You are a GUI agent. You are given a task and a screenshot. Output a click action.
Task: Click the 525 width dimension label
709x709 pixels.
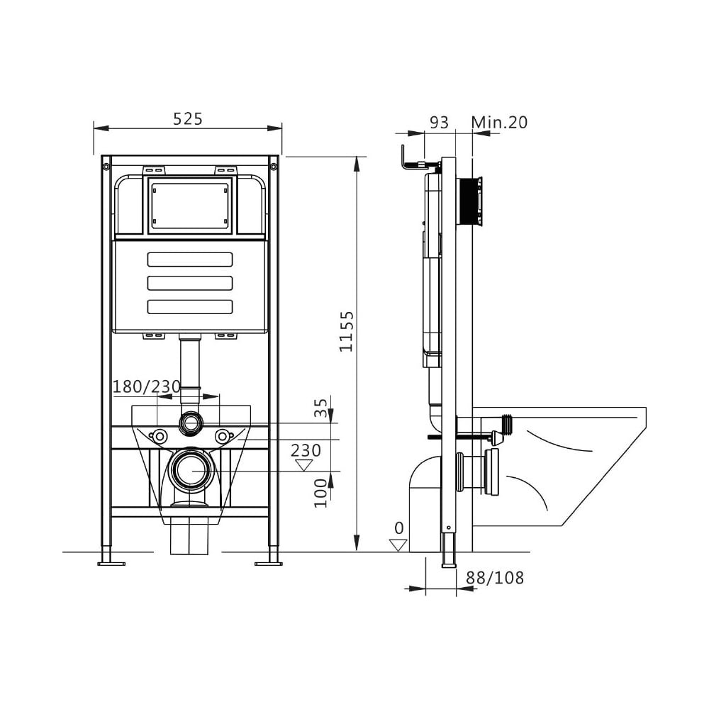[188, 118]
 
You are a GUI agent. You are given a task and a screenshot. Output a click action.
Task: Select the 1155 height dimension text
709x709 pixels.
[347, 331]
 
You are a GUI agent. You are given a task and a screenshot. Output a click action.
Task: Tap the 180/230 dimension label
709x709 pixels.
[147, 386]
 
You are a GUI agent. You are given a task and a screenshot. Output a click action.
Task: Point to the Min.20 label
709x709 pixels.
[499, 122]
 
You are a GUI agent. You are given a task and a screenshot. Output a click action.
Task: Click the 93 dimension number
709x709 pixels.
[439, 122]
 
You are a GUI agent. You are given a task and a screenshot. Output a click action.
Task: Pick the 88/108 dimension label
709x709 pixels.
[495, 577]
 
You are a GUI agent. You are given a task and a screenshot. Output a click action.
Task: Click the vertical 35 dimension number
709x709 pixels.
[320, 408]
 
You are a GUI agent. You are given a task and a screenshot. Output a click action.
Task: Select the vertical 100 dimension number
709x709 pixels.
[320, 493]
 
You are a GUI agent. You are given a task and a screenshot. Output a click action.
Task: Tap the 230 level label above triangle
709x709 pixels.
[306, 450]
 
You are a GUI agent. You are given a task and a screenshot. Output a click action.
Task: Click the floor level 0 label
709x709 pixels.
[398, 527]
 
